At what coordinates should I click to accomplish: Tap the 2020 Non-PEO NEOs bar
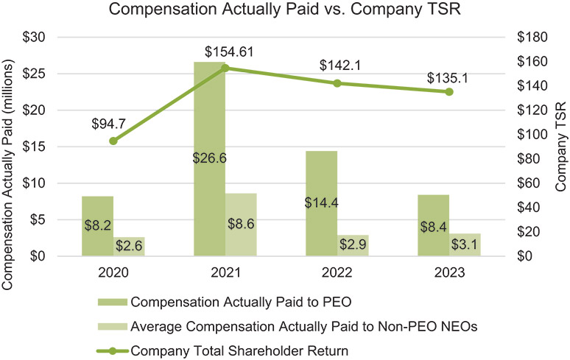pyautogui.click(x=129, y=247)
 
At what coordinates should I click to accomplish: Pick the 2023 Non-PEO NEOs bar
pyautogui.click(x=464, y=244)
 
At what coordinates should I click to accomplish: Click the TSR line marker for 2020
pyautogui.click(x=113, y=141)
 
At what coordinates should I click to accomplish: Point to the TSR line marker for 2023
pyautogui.click(x=448, y=91)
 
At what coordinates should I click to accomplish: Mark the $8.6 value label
pyautogui.click(x=240, y=225)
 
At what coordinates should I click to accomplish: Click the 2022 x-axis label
pyautogui.click(x=337, y=272)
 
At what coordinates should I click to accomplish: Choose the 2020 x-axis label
pyautogui.click(x=113, y=272)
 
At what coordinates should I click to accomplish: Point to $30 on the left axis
pyautogui.click(x=35, y=38)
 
